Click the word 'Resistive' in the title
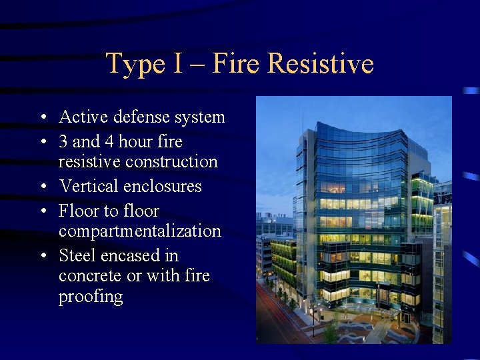[320, 64]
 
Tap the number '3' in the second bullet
[63, 142]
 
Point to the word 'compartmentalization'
[139, 231]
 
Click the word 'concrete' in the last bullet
[87, 275]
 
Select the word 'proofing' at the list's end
[91, 297]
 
